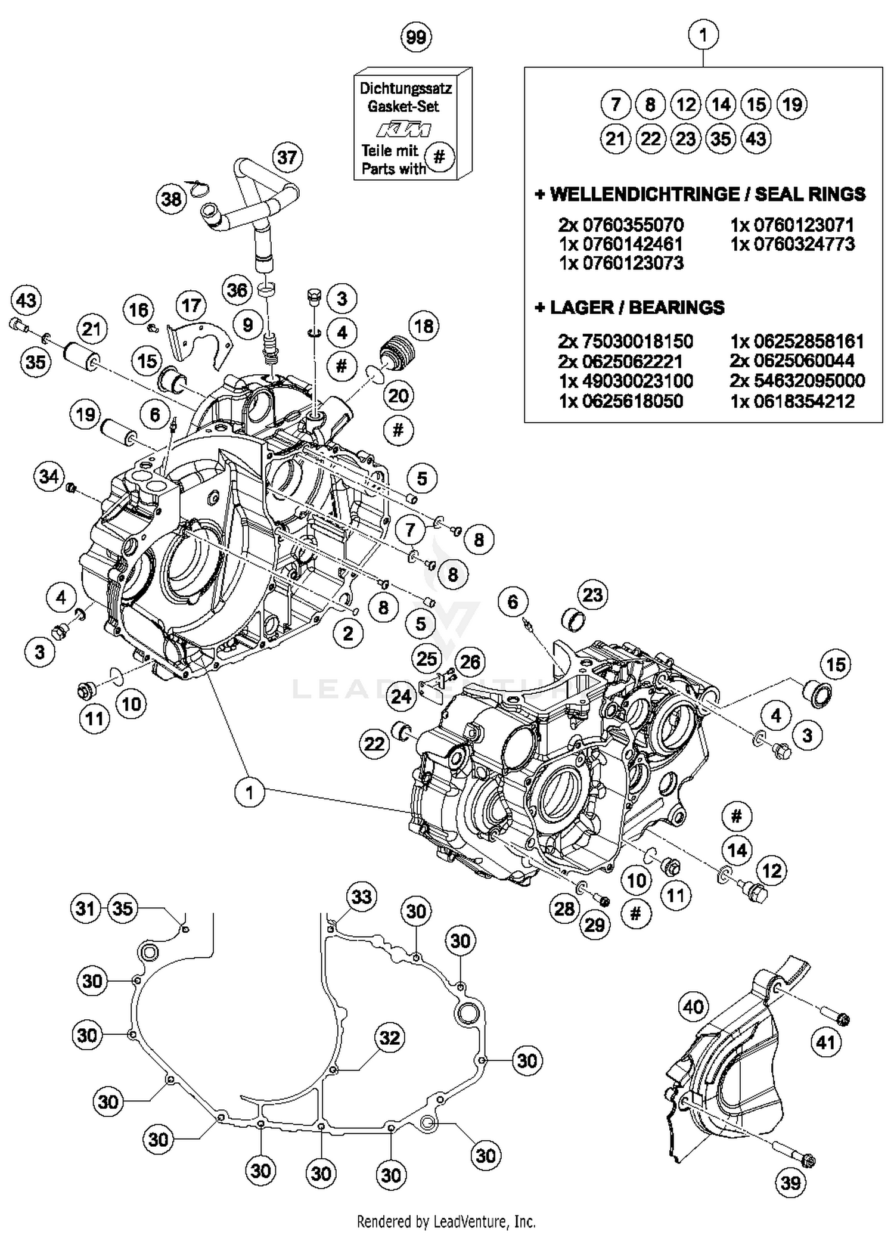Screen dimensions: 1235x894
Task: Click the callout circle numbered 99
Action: coord(415,38)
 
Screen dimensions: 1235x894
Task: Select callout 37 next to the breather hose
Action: coord(287,158)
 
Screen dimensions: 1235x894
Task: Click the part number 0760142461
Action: coord(620,244)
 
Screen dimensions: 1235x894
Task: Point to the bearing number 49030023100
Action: coord(626,381)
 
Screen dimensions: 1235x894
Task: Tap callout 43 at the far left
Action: coord(26,300)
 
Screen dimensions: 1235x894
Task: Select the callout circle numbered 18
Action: coord(424,326)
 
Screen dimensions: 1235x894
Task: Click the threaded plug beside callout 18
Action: coord(393,351)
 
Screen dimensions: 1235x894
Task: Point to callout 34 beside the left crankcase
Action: coord(49,476)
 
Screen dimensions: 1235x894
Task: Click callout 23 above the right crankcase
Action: coord(592,595)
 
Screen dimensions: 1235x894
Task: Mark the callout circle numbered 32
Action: coord(390,1038)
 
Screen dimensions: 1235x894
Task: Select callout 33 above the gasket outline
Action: coord(362,896)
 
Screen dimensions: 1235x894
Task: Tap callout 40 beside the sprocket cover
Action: coord(693,1007)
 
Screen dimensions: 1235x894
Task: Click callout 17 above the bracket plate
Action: coord(191,306)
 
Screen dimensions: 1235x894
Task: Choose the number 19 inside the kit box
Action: coord(791,105)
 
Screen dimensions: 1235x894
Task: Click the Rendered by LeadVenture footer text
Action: coord(446,1221)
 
